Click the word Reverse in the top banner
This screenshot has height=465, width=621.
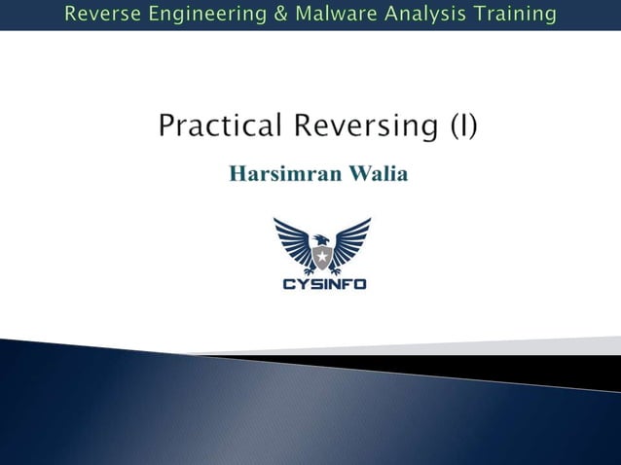(x=105, y=14)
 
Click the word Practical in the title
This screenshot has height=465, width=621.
(x=221, y=126)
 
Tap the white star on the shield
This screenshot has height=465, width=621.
(x=321, y=258)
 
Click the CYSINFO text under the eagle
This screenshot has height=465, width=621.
(x=323, y=284)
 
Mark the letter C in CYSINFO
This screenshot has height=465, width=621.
(x=288, y=284)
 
